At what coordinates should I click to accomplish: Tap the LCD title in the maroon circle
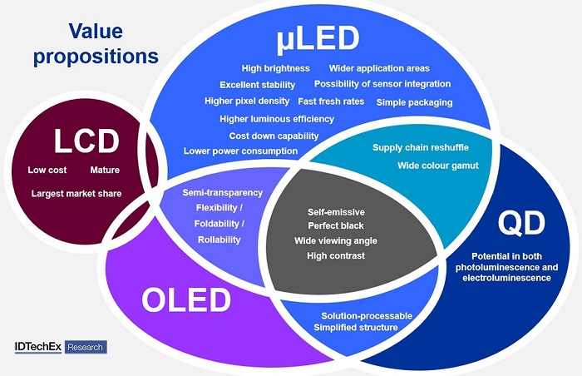pyautogui.click(x=86, y=141)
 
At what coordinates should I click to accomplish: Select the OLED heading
pyautogui.click(x=186, y=299)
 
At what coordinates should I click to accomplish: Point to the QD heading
pyautogui.click(x=521, y=224)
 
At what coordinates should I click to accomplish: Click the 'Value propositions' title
pyautogui.click(x=96, y=44)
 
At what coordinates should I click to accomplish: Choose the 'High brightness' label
pyautogui.click(x=275, y=68)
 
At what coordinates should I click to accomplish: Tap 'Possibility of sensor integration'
pyautogui.click(x=382, y=84)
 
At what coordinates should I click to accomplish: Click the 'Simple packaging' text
pyautogui.click(x=414, y=102)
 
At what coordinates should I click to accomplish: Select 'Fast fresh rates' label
pyautogui.click(x=331, y=101)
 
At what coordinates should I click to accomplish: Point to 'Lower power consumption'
pyautogui.click(x=240, y=151)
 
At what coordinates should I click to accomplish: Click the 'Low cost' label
pyautogui.click(x=47, y=171)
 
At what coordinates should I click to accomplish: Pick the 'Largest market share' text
pyautogui.click(x=76, y=194)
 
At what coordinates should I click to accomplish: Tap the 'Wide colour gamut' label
pyautogui.click(x=438, y=166)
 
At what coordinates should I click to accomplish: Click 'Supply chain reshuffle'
pyautogui.click(x=421, y=147)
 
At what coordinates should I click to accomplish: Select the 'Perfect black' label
pyautogui.click(x=336, y=225)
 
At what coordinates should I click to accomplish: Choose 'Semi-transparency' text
pyautogui.click(x=222, y=193)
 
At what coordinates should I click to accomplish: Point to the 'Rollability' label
pyautogui.click(x=219, y=240)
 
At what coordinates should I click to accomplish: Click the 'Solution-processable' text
pyautogui.click(x=367, y=316)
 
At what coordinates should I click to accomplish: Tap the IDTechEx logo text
pyautogui.click(x=38, y=347)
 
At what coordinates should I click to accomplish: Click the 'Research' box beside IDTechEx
pyautogui.click(x=86, y=347)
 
